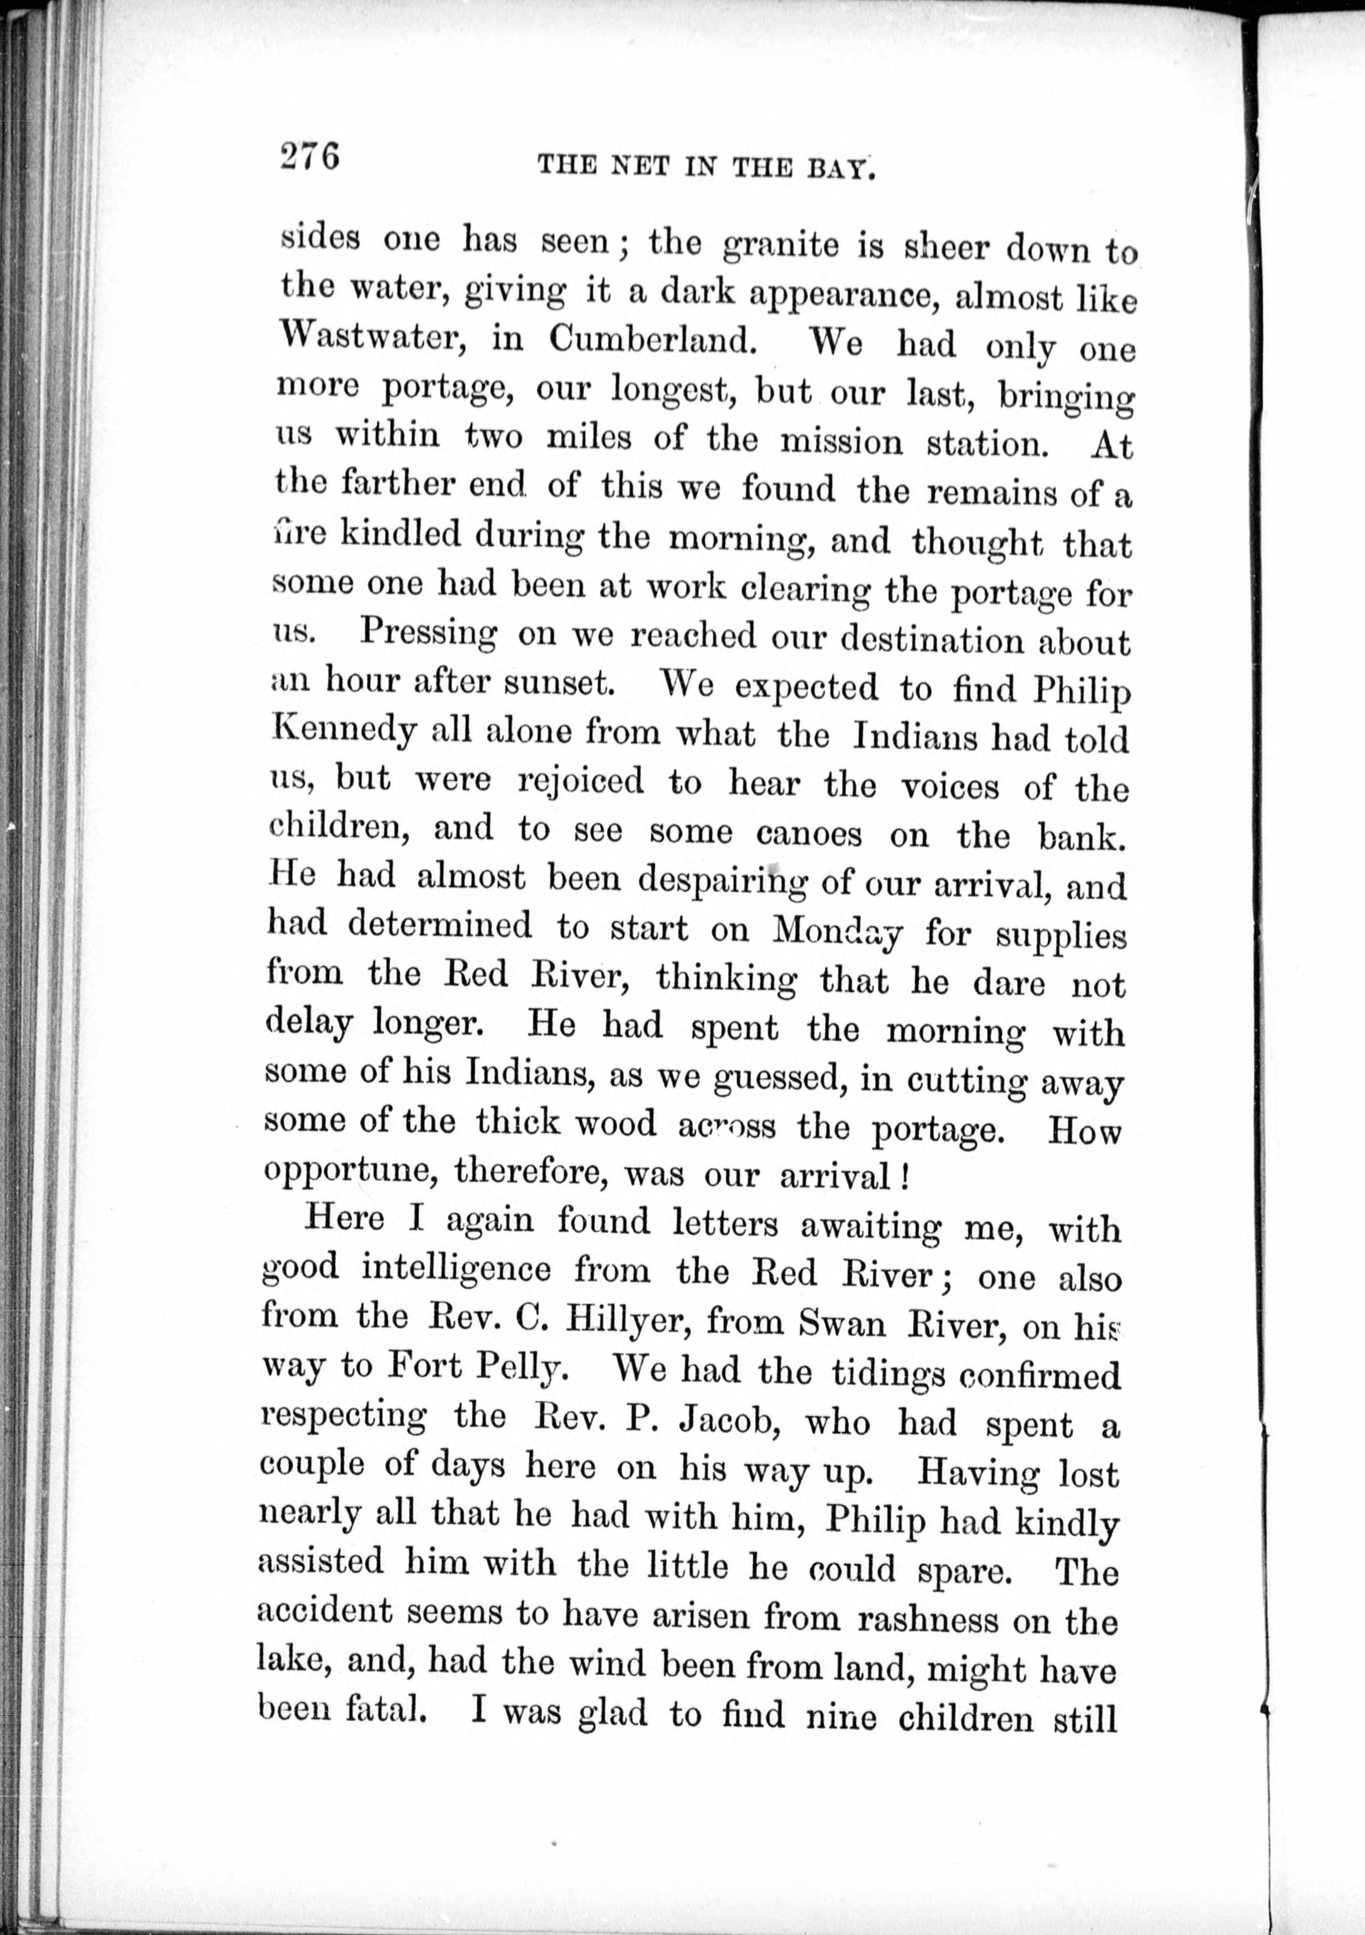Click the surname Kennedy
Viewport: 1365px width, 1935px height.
tap(344, 732)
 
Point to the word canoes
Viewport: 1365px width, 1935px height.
tap(809, 834)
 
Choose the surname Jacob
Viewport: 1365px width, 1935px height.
tap(726, 1420)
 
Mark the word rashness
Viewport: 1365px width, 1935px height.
tap(927, 1618)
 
